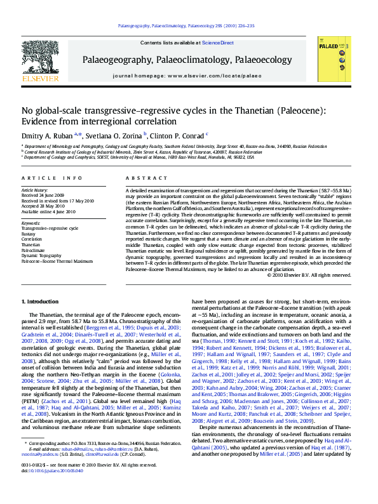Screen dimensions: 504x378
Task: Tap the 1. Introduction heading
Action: (41, 301)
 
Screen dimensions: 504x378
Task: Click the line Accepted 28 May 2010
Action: (46, 206)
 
